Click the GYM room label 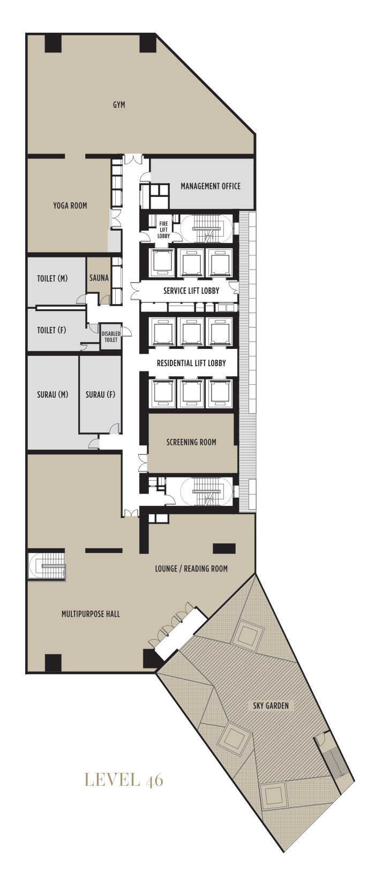119,105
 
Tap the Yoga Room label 70,206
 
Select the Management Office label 211,186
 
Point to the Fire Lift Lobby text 164,230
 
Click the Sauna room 99,278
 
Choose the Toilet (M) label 52,279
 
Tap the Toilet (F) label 51,330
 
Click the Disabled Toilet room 111,337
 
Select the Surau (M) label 52,394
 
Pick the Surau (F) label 101,394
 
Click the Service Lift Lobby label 191,291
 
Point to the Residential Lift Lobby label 191,363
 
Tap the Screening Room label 191,442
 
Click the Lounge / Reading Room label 191,569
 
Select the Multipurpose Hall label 91,614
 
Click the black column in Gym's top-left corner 53,43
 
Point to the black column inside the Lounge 224,549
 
